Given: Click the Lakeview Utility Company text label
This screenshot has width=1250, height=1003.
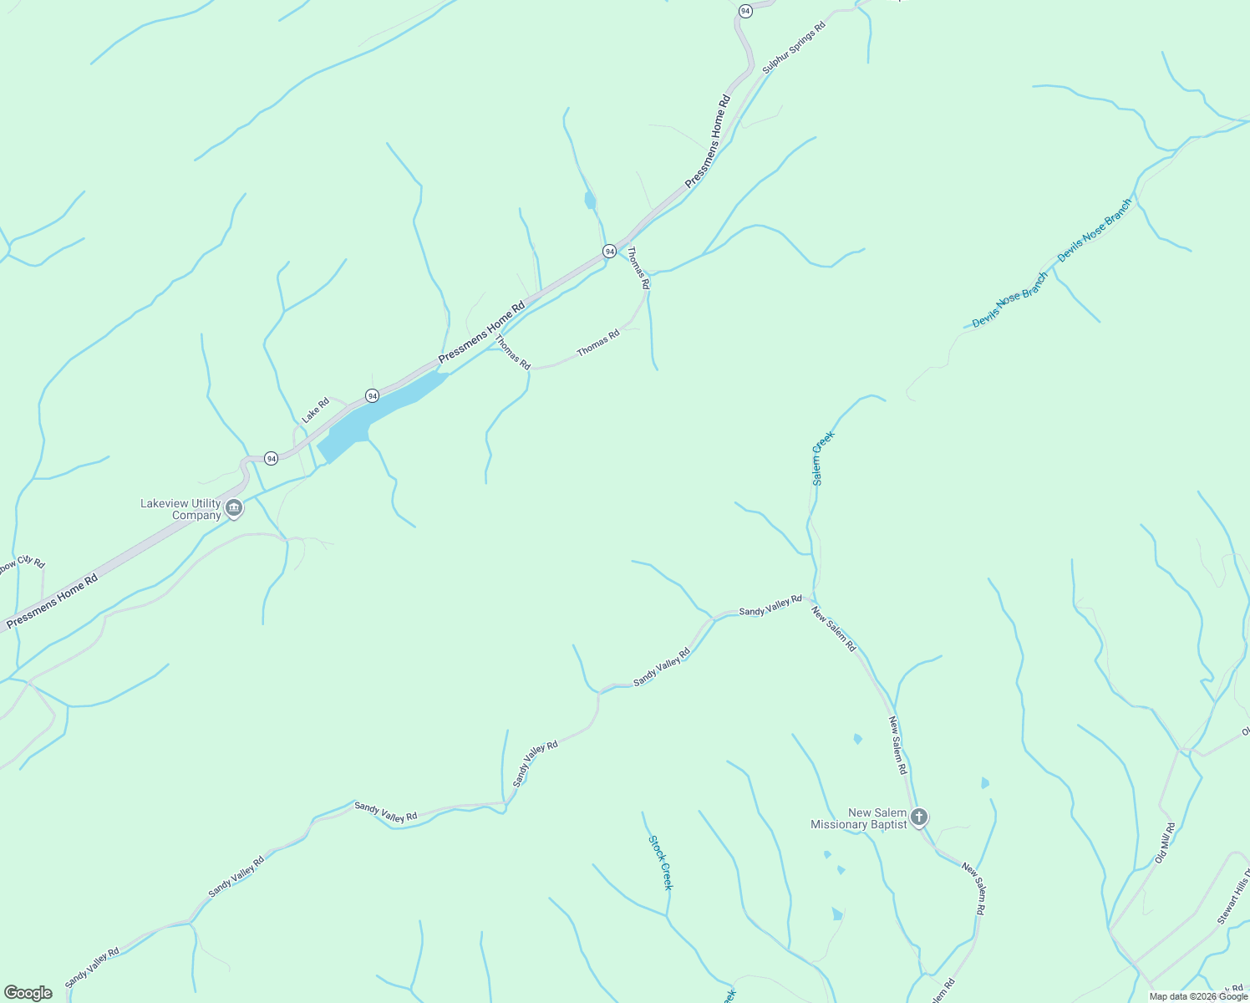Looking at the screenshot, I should point(180,509).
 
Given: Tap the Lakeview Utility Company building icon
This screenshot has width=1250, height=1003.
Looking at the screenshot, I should point(235,508).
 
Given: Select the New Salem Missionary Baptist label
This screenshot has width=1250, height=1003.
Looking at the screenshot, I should point(859,818).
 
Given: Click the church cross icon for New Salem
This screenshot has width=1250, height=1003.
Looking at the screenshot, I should point(919,817).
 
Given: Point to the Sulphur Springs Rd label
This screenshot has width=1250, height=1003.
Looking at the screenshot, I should point(794,48).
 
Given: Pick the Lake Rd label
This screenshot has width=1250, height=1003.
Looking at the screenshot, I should point(316,410).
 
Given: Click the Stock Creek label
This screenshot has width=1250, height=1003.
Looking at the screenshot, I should point(660,863).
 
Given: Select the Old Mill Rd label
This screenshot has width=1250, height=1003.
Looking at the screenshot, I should point(1166,843).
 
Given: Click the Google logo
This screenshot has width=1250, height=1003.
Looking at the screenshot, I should point(27,993).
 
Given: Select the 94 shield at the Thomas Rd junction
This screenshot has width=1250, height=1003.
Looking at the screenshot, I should point(609,251).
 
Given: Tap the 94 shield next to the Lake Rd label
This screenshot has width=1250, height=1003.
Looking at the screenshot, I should point(372,395).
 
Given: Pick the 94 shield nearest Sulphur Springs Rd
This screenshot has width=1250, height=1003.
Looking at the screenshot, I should point(745,10).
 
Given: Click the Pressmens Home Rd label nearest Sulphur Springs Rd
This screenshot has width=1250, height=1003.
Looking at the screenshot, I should point(708,140).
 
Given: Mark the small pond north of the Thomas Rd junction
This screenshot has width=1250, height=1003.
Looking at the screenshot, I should point(590,201).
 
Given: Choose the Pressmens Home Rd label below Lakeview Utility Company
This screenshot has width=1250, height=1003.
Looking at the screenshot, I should point(52,600).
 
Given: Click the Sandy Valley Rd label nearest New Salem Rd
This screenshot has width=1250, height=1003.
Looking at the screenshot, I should point(770,606).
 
